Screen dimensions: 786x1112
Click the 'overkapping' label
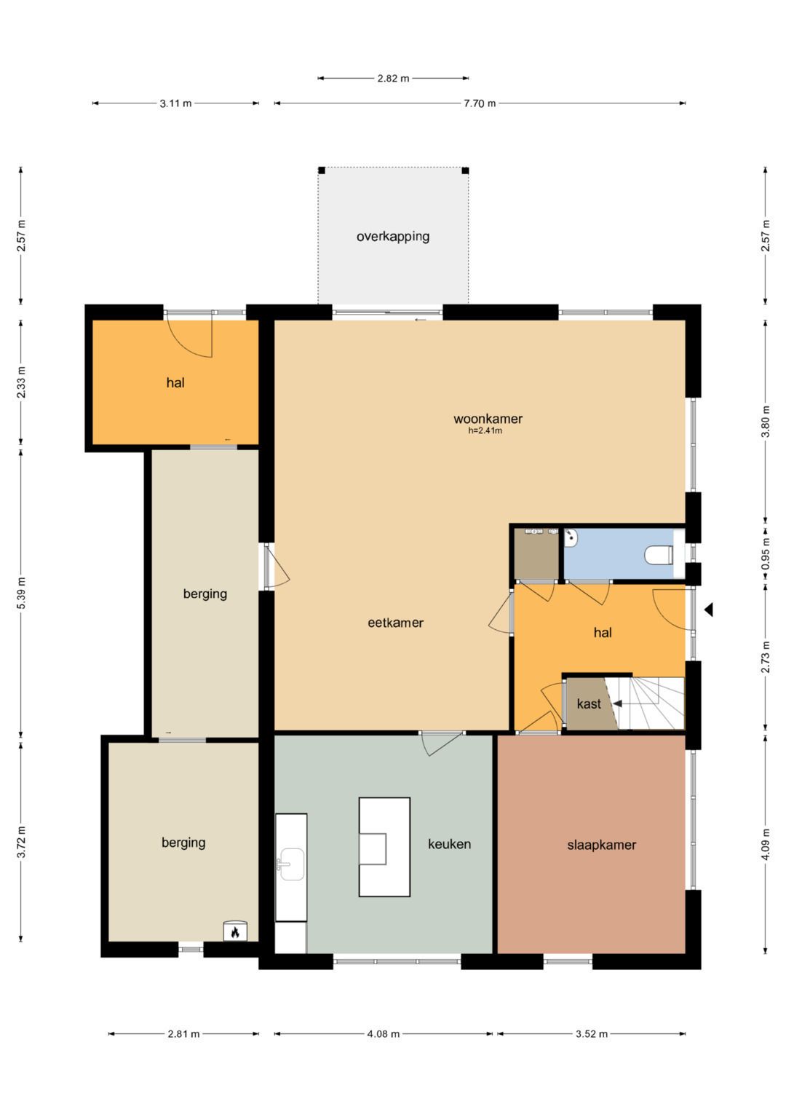click(x=393, y=236)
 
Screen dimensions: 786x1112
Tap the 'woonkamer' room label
click(x=488, y=419)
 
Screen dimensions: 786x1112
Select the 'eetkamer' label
click(x=395, y=623)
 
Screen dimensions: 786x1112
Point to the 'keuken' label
click(x=450, y=844)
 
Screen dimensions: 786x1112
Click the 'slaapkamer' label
click(x=601, y=845)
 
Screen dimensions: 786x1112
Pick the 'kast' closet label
click(x=589, y=703)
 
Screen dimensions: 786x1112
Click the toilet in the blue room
click(x=659, y=554)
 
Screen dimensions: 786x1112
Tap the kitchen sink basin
click(x=293, y=864)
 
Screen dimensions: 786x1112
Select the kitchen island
click(x=384, y=846)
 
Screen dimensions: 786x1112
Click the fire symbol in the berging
click(x=235, y=932)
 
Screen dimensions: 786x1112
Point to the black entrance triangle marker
click(x=709, y=609)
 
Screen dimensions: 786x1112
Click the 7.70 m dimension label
click(x=480, y=103)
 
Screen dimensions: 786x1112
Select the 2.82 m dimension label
click(x=394, y=79)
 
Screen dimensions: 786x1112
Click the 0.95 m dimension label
click(x=766, y=553)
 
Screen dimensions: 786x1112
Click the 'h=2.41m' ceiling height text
click(x=485, y=431)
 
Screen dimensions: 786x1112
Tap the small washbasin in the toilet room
click(x=571, y=537)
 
